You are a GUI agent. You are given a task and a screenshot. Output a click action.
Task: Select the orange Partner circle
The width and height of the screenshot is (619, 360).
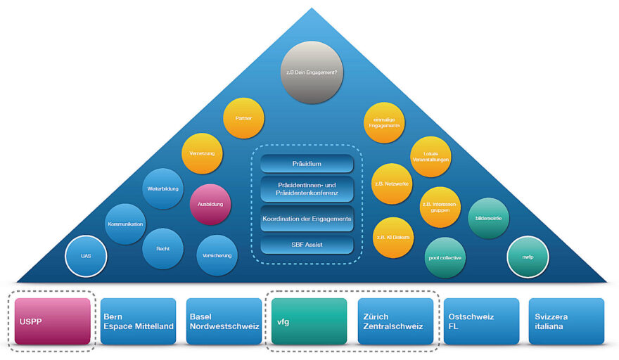(x=244, y=118)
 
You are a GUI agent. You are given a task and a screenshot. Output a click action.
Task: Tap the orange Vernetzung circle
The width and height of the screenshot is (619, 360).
(x=202, y=153)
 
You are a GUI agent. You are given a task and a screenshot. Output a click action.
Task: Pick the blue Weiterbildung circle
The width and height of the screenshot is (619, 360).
(x=162, y=188)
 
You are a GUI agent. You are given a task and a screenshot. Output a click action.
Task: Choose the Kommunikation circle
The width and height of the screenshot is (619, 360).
(x=125, y=224)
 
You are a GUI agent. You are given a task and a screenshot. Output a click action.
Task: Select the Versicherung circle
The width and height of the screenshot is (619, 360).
(x=217, y=255)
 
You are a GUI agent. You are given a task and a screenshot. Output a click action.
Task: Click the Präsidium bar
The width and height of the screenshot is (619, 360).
(x=307, y=163)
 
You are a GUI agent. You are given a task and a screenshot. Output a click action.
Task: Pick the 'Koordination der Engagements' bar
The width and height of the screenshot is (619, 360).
(x=307, y=219)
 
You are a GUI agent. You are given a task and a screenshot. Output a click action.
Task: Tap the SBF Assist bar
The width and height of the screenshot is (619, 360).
(x=307, y=245)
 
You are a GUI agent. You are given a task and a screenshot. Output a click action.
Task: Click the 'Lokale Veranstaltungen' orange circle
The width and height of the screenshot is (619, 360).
(x=430, y=156)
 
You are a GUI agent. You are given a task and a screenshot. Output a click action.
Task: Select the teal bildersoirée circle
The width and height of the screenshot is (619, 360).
(x=488, y=218)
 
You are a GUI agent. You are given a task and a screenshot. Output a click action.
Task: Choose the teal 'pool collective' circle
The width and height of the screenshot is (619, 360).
(x=445, y=257)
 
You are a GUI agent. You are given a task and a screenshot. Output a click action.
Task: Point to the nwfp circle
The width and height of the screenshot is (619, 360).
(x=527, y=257)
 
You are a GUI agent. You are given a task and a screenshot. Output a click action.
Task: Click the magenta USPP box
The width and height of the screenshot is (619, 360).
(x=53, y=321)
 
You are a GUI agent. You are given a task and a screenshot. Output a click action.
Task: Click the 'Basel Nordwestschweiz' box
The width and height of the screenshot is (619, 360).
(x=224, y=321)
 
